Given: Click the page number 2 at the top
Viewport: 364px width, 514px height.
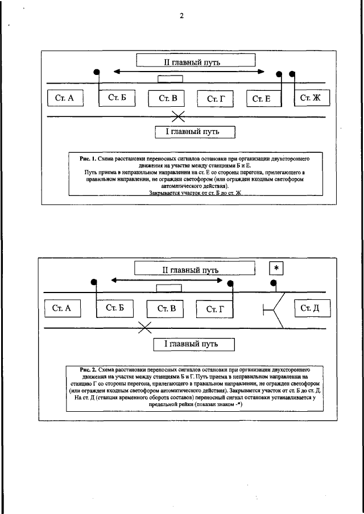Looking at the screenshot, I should (181, 16).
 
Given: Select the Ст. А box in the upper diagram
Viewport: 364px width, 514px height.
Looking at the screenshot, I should (65, 98).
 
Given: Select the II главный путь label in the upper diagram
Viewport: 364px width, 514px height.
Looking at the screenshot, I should (196, 61).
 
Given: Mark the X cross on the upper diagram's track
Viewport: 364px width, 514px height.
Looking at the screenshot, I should (179, 117).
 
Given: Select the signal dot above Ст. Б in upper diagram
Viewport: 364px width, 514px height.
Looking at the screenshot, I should (97, 72).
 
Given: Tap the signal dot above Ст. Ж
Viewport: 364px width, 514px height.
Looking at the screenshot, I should (292, 74).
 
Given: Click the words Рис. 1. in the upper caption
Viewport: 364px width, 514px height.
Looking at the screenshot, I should (89, 160).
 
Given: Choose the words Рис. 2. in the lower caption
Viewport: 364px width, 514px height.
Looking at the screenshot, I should (90, 369).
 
